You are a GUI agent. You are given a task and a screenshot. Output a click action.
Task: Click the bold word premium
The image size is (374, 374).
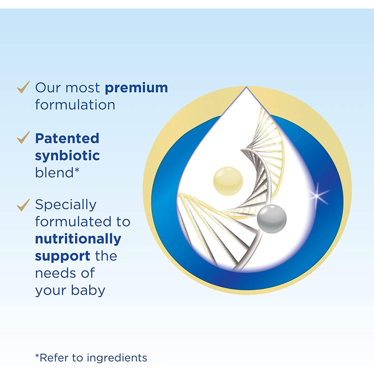coord(136,88)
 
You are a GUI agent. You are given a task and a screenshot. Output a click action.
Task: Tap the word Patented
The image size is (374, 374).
coord(67,138)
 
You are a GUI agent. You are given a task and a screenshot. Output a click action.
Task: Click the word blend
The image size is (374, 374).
coord(54,172)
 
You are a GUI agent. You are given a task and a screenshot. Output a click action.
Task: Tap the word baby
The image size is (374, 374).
coord(88,291)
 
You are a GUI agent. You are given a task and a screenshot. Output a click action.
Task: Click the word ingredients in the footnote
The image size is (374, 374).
coord(117,358)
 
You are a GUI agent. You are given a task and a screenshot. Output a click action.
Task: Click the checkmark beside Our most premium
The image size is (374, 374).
coord(23,87)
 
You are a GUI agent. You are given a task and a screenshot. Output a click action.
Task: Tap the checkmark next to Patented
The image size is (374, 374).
coord(23,137)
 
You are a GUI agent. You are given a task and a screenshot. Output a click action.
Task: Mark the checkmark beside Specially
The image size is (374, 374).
coord(23,205)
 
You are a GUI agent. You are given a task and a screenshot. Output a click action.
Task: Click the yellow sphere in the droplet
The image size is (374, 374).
coord(228,181)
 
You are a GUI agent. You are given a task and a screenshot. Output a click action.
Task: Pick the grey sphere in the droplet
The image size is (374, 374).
coord(271,219)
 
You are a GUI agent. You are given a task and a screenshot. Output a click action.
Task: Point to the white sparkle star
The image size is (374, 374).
coord(317,196)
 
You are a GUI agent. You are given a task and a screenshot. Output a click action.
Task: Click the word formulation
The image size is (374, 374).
coord(75,105)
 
